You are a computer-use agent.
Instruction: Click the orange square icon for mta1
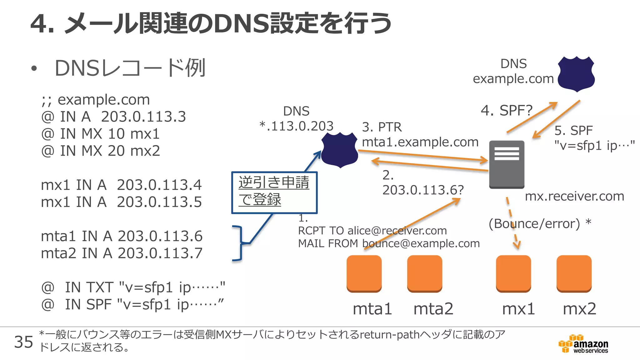(x=364, y=273)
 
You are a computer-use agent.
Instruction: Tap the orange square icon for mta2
(x=424, y=273)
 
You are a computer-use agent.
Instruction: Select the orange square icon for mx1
(x=513, y=273)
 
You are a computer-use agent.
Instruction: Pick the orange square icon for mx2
(x=574, y=273)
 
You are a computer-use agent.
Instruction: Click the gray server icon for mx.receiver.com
(x=507, y=164)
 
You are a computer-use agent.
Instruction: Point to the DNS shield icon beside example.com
(x=576, y=74)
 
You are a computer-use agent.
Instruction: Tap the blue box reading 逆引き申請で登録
(x=274, y=192)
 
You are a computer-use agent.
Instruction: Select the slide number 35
(x=23, y=342)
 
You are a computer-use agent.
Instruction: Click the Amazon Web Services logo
(x=583, y=344)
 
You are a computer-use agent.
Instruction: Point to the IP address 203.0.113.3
(x=143, y=117)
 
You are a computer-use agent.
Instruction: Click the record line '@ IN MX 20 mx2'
(x=100, y=151)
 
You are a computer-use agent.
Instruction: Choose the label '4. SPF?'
(x=506, y=110)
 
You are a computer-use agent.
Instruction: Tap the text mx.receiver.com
(x=574, y=196)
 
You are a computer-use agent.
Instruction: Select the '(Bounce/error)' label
(x=534, y=224)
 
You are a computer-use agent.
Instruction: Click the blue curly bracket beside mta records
(x=239, y=243)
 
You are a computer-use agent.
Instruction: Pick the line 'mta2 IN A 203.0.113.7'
(x=122, y=253)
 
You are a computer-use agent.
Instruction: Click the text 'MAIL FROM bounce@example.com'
(x=389, y=243)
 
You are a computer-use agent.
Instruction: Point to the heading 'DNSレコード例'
(x=130, y=68)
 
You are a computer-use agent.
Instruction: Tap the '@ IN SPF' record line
(x=132, y=304)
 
